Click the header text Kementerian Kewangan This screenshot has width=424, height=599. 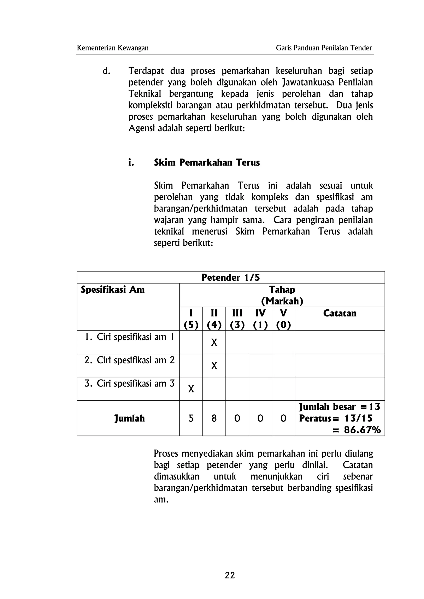pos(113,48)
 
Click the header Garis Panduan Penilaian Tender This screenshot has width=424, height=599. pos(324,48)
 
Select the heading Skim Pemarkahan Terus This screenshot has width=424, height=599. pos(207,162)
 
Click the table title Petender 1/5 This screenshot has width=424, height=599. pos(231,277)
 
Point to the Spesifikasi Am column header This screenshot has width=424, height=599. pos(113,290)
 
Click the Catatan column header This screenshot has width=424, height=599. pos(340,313)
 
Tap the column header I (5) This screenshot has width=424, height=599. pos(191,319)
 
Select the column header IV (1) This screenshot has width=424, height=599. pos(260,319)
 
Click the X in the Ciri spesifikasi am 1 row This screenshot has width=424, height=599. pos(214,342)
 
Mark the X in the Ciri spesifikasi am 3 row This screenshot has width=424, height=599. pos(191,389)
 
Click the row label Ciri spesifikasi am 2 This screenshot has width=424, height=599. pos(129,360)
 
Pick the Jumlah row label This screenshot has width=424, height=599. pos(129,419)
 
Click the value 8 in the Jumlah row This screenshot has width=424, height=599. pos(214,419)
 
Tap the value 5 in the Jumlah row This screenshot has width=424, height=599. pos(191,419)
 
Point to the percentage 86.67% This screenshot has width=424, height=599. pos(362,430)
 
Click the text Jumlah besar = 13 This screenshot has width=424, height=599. pos(339,407)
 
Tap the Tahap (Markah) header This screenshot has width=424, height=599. pos(282,295)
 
